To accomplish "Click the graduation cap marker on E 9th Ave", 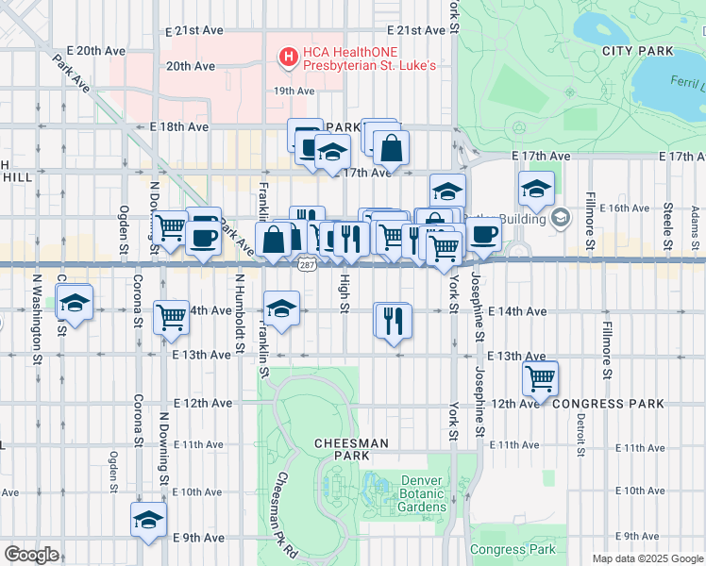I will (x=148, y=520).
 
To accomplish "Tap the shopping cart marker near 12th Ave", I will (x=540, y=378).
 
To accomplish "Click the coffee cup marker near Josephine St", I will (x=484, y=234).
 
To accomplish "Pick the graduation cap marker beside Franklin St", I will (x=281, y=308).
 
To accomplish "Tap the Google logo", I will (x=30, y=554).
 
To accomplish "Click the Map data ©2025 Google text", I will (x=647, y=558).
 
